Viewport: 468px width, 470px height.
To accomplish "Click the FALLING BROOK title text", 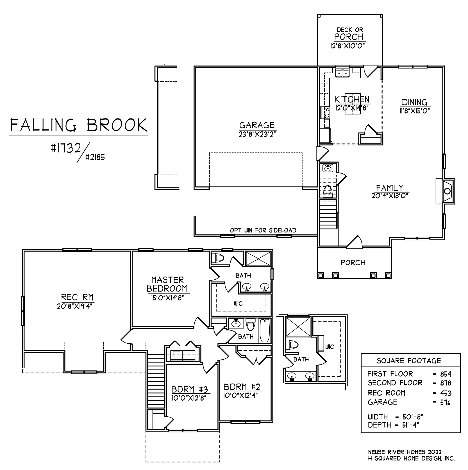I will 79,126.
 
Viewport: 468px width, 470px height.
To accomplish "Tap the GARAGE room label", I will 256,125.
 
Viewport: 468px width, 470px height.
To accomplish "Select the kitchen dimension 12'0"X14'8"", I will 352,108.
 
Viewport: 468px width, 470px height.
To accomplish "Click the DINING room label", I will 414,102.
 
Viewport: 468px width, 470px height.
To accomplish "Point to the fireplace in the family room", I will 446,191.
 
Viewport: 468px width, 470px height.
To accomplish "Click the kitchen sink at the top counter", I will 342,74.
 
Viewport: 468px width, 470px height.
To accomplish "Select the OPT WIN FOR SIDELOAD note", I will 263,230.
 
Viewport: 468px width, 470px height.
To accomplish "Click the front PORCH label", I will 353,263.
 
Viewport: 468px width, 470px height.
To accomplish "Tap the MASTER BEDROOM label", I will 167,284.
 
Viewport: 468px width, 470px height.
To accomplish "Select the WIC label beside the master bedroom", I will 238,304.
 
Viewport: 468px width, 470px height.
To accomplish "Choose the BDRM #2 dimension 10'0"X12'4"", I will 240,395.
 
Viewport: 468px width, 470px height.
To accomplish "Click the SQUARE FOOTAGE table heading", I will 409,361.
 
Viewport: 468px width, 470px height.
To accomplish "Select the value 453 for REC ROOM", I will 446,393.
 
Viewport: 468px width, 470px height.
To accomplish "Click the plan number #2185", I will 95,157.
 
